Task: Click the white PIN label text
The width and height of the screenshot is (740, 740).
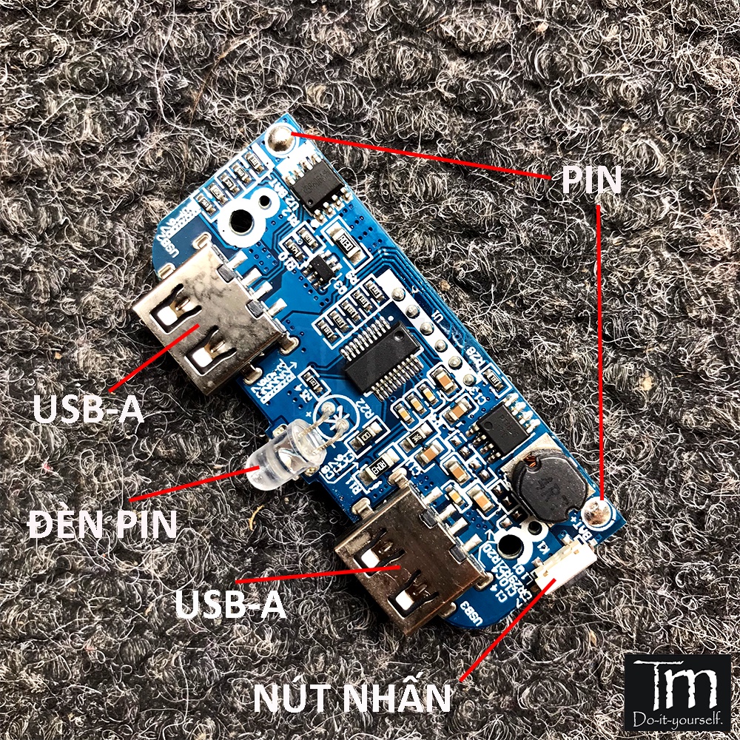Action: (591, 179)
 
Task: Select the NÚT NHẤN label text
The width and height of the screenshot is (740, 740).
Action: (351, 697)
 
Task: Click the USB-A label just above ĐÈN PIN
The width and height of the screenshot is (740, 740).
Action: (88, 409)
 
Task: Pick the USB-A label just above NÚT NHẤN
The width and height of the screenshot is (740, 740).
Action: (230, 604)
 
